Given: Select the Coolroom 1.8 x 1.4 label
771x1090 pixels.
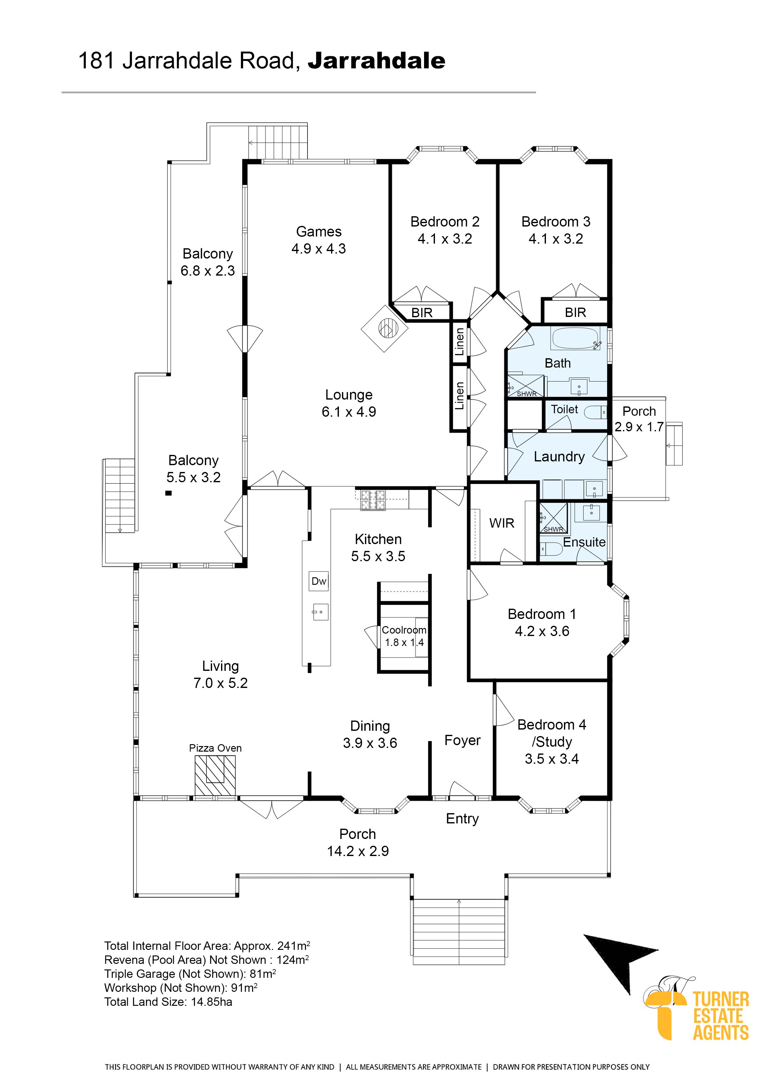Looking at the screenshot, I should (x=404, y=636).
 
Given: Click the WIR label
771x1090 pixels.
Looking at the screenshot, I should (x=502, y=523).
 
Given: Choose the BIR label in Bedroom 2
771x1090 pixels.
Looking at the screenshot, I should (x=422, y=313).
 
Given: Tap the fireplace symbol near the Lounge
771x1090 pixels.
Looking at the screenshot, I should (x=385, y=328).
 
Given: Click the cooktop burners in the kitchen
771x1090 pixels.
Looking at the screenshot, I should (x=373, y=500).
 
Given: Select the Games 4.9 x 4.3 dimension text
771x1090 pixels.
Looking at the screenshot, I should (x=318, y=248).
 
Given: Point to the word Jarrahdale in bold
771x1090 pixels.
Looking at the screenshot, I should (x=376, y=61).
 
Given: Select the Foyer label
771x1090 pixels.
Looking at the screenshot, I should (x=462, y=740).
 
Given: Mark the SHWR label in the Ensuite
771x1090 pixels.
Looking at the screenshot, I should (x=553, y=529).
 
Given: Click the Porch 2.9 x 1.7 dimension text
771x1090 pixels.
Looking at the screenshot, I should (x=639, y=427).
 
